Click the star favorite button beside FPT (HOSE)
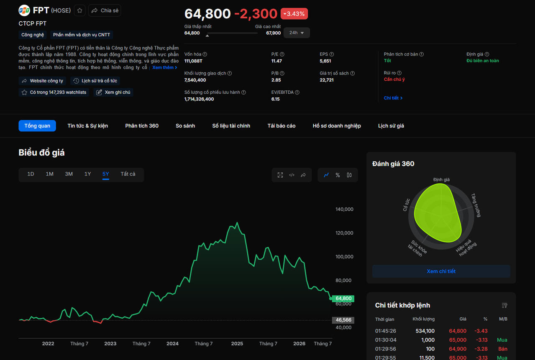79,10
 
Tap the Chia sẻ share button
105,10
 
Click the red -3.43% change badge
294,14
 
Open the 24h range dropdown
297,33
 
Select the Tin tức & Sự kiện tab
88,126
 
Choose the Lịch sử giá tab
391,126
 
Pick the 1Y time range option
88,174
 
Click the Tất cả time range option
128,174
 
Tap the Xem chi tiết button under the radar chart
441,271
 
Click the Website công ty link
42,81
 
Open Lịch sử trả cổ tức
95,81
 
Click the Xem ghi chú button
113,92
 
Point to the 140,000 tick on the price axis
344,209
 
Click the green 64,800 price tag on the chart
343,299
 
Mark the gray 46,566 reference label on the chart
343,320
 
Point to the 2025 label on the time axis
237,344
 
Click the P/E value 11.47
276,61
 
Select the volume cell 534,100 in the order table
425,331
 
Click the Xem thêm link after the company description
164,68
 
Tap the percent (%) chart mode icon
338,175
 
